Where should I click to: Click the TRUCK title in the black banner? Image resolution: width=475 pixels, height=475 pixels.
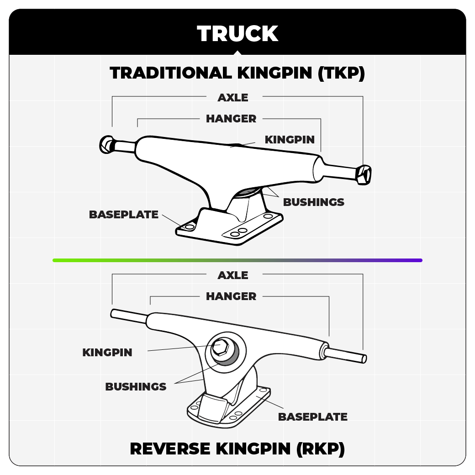click(237, 34)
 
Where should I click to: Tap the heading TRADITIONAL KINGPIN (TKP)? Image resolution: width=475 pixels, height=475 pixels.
click(237, 73)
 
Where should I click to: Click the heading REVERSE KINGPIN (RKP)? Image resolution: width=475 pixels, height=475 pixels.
click(237, 449)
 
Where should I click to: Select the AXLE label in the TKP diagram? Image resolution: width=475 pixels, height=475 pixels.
click(233, 97)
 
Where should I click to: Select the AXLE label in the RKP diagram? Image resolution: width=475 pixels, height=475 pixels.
click(233, 275)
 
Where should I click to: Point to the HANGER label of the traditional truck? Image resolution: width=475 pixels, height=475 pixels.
click(231, 119)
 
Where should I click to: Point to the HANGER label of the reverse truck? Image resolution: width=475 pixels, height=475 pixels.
click(231, 296)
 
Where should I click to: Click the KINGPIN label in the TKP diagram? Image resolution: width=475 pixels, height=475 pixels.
click(290, 139)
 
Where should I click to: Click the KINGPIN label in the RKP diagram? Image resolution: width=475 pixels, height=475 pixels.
click(107, 353)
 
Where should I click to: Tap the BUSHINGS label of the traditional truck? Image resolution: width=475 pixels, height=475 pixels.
click(314, 202)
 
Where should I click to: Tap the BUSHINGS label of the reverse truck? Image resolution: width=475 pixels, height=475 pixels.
click(136, 387)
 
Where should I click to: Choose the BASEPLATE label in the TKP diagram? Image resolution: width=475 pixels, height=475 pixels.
click(124, 215)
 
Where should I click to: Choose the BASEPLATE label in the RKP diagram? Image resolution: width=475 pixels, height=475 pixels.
click(313, 417)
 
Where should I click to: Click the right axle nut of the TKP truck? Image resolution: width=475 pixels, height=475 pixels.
click(364, 174)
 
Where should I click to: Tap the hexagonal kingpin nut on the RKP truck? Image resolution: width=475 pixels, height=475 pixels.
click(220, 348)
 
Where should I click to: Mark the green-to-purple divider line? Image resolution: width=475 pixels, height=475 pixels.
click(237, 260)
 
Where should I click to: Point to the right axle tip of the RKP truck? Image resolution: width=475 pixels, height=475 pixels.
click(364, 359)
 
